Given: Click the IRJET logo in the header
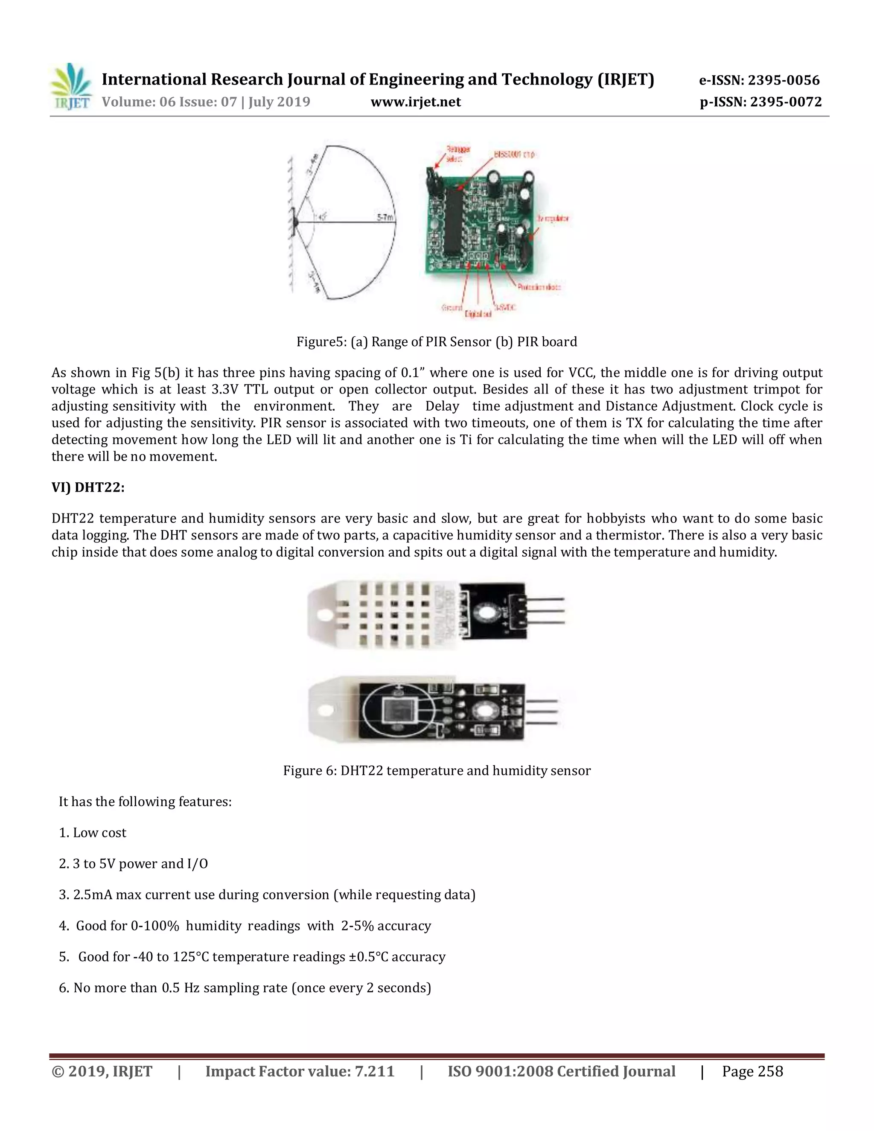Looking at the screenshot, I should [x=71, y=87].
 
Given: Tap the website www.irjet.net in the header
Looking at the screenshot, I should [x=415, y=102].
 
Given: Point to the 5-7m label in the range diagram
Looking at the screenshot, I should [x=384, y=218].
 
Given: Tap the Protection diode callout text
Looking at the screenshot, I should [x=539, y=287].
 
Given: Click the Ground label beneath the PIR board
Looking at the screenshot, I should [x=452, y=308].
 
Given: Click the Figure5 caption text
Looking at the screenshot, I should [x=437, y=342].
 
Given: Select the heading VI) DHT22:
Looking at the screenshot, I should [x=88, y=487].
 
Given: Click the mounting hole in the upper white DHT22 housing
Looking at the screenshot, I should [x=325, y=614].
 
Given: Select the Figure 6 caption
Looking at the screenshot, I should [x=437, y=770].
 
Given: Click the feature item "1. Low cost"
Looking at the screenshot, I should [x=93, y=833].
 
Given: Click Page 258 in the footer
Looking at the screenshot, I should [x=752, y=1071].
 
